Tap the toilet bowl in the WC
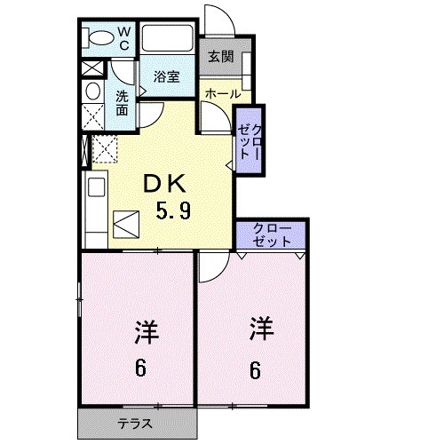point(98,38)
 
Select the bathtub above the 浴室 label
point(168,39)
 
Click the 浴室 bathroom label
point(166,77)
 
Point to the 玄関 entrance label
point(221,57)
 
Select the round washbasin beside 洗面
point(92,91)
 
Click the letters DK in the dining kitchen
point(165,184)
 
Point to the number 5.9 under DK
point(172,212)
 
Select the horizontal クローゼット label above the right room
point(271,234)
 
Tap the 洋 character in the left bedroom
point(146,334)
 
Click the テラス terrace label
point(136,423)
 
